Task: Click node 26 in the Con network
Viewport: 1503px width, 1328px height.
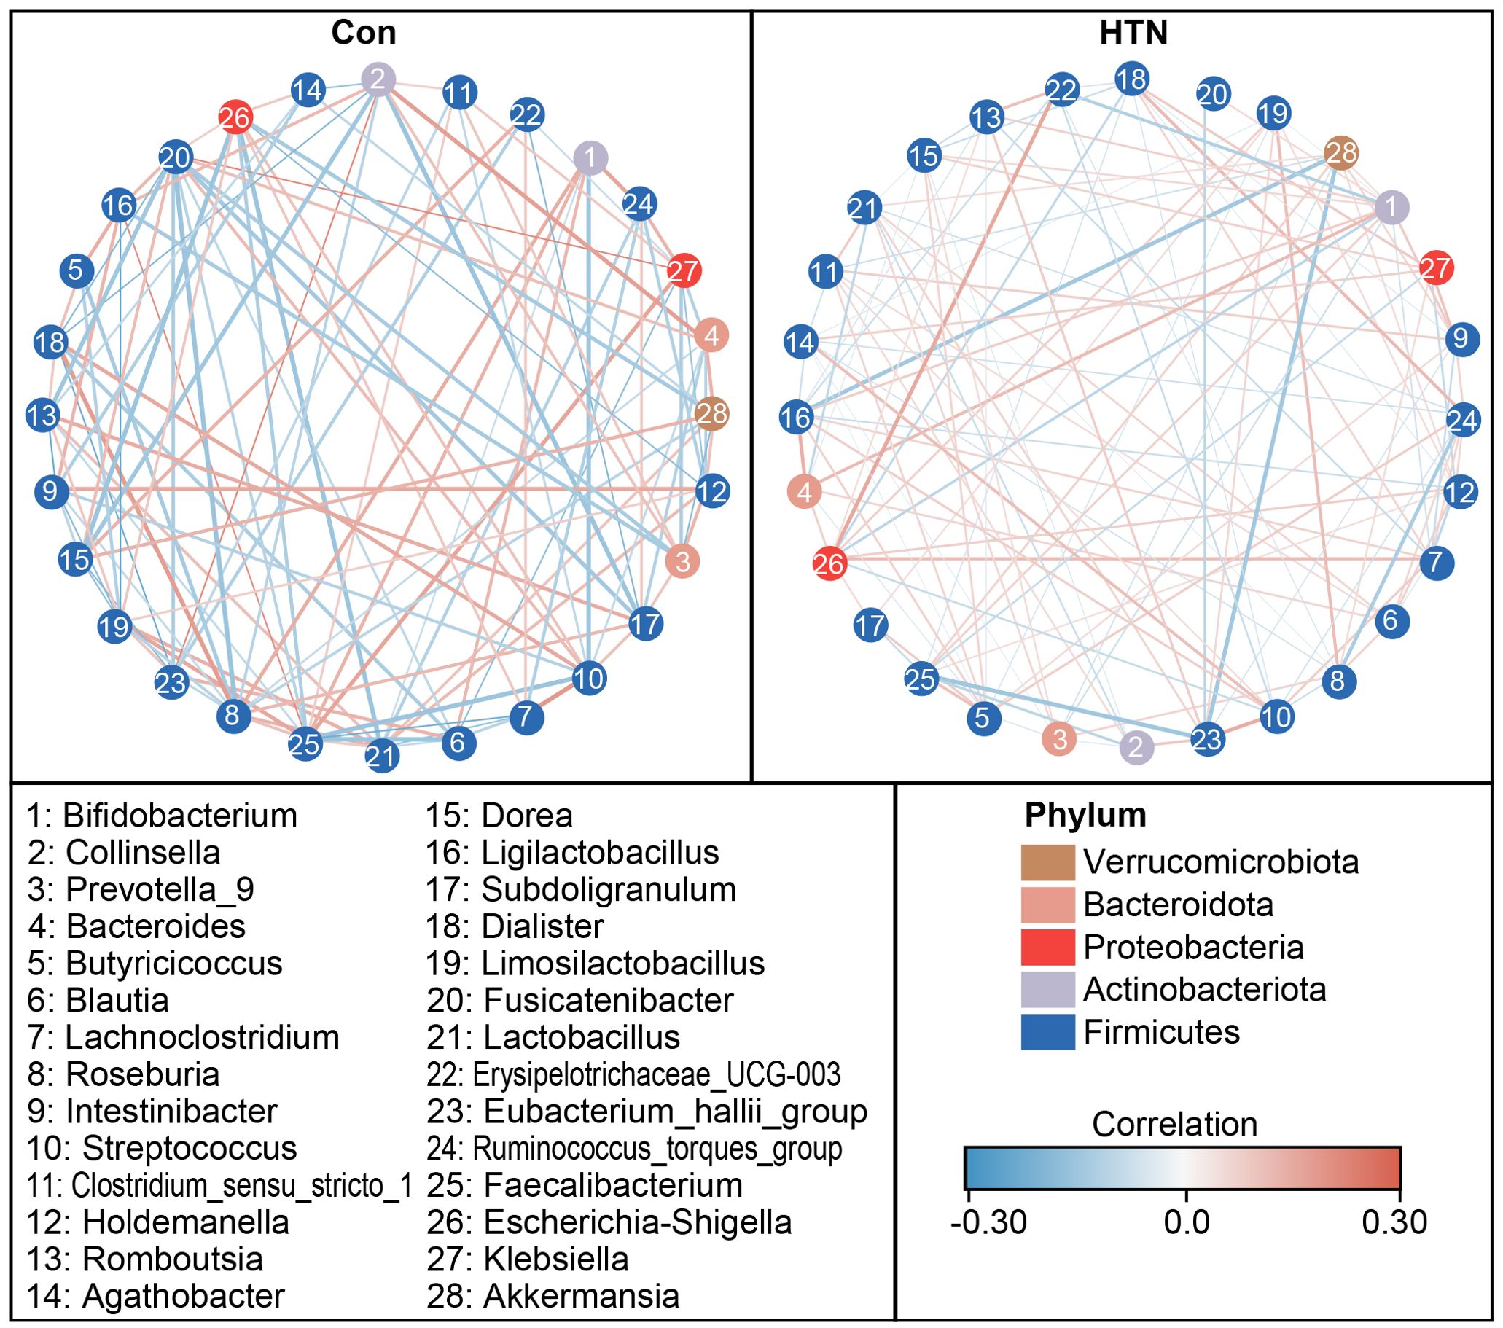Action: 236,117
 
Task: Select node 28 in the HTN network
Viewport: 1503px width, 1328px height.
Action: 1340,153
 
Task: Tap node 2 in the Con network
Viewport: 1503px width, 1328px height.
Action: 379,79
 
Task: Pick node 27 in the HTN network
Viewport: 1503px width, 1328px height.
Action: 1436,268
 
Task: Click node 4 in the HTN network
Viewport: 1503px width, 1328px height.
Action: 805,491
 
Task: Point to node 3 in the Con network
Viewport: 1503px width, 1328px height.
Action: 682,562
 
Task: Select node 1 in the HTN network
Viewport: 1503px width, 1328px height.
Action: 1392,207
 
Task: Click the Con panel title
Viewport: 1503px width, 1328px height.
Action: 363,33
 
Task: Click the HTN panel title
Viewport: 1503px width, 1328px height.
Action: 1133,33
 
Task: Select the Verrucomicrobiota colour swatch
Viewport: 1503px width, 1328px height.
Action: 1048,862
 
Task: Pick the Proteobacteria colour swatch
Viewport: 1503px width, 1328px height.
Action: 1048,947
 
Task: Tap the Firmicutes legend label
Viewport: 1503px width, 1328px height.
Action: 1161,1032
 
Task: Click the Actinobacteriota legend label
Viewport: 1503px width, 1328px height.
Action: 1204,990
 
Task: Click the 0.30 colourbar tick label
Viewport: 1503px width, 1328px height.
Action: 1394,1222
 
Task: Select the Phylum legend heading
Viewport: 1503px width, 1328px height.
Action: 1085,815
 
